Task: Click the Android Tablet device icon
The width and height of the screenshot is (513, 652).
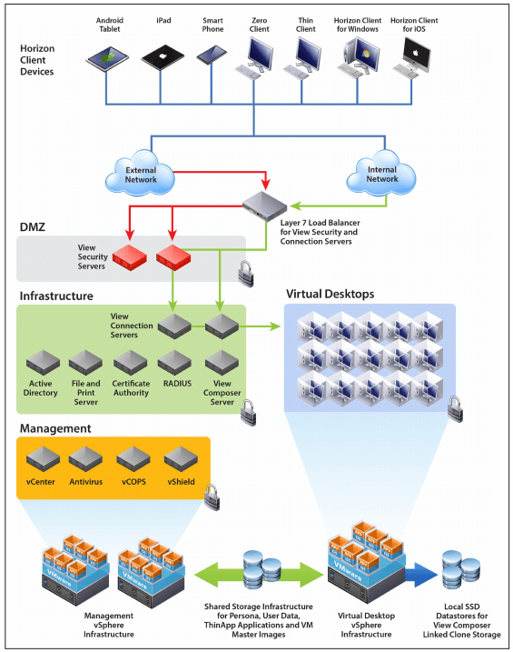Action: click(x=106, y=60)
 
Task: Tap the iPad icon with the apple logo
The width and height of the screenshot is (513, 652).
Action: click(x=160, y=58)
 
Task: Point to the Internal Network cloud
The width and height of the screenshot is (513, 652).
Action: click(x=382, y=173)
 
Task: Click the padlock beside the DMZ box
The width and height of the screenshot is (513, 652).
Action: click(x=244, y=270)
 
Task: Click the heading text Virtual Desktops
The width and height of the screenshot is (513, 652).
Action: click(x=330, y=295)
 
